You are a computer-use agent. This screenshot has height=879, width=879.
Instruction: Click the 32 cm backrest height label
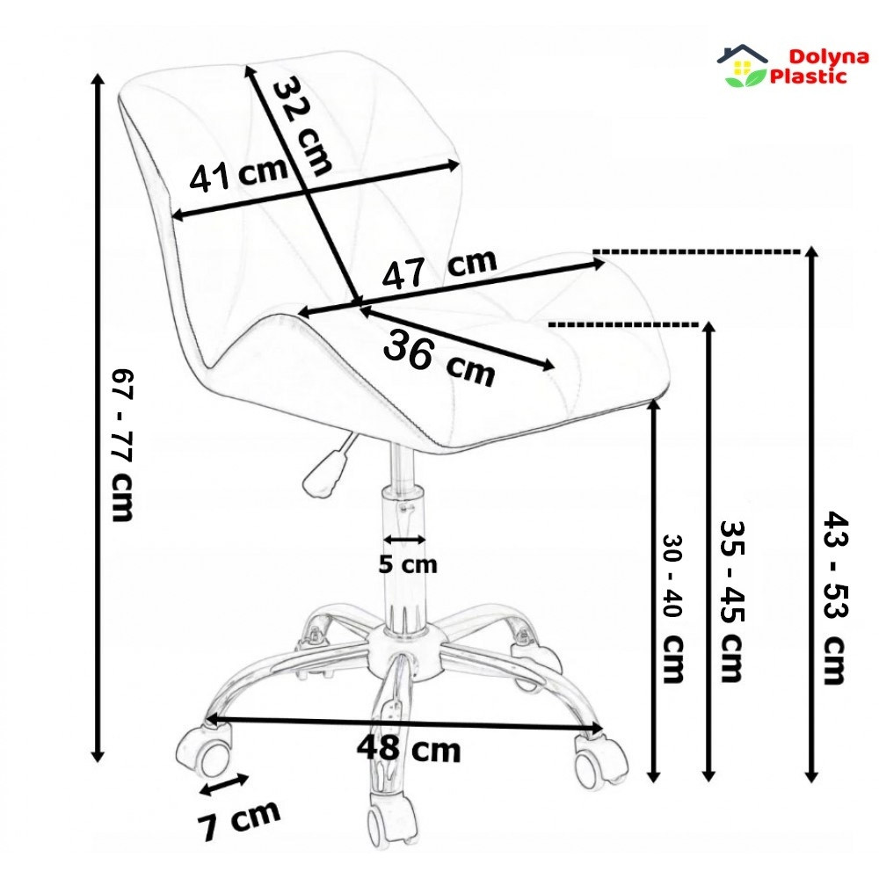point(301,125)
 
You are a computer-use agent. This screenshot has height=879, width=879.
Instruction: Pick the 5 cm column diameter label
point(408,564)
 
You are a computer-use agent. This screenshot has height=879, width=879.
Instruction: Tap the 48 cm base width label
point(409,748)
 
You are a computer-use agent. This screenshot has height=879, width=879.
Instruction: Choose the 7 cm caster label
point(238,821)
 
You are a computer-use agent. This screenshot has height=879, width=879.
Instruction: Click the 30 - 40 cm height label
point(672,607)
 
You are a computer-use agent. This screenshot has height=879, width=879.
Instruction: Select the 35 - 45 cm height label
point(731,601)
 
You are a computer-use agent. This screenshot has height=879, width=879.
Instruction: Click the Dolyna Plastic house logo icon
point(742,66)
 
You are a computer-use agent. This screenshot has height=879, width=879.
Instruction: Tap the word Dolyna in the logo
point(829,56)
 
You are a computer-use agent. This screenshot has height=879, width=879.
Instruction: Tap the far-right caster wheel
point(599,759)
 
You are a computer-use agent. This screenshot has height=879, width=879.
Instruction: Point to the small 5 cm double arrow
point(404,540)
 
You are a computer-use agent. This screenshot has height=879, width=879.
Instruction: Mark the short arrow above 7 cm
point(224,784)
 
